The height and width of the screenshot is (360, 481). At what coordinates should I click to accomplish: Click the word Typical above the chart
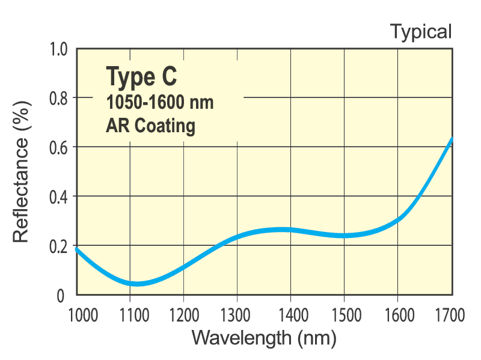pos(420,31)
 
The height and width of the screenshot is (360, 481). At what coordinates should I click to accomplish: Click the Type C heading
pos(142,77)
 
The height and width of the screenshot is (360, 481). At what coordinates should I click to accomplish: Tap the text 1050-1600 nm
pos(159,103)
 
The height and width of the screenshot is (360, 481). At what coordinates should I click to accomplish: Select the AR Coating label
pos(150,126)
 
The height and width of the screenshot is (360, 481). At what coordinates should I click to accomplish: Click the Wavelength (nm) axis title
pos(263,338)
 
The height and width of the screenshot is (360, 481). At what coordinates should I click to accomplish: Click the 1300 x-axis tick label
pos(237,313)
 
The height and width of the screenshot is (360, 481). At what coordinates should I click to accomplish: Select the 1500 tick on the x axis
pos(344,313)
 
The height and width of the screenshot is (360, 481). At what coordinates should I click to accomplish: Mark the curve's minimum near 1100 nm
pos(136,284)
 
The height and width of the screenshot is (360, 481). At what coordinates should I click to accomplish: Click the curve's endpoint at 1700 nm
pos(451,139)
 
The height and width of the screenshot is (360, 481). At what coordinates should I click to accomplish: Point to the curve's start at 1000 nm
pos(77,249)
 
